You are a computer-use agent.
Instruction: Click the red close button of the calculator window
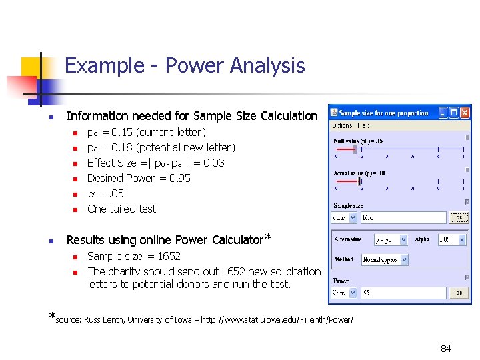click(465, 112)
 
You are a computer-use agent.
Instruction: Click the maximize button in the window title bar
click(453, 112)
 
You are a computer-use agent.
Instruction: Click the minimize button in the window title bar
click(442, 112)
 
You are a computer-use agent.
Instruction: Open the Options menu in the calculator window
click(342, 125)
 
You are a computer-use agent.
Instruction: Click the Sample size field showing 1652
click(402, 217)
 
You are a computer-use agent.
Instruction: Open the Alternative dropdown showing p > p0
click(393, 239)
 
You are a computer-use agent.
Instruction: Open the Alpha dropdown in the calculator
click(451, 239)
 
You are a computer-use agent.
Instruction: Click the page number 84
click(445, 349)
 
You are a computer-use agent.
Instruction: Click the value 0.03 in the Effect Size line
click(213, 163)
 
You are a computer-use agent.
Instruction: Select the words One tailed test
click(121, 209)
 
